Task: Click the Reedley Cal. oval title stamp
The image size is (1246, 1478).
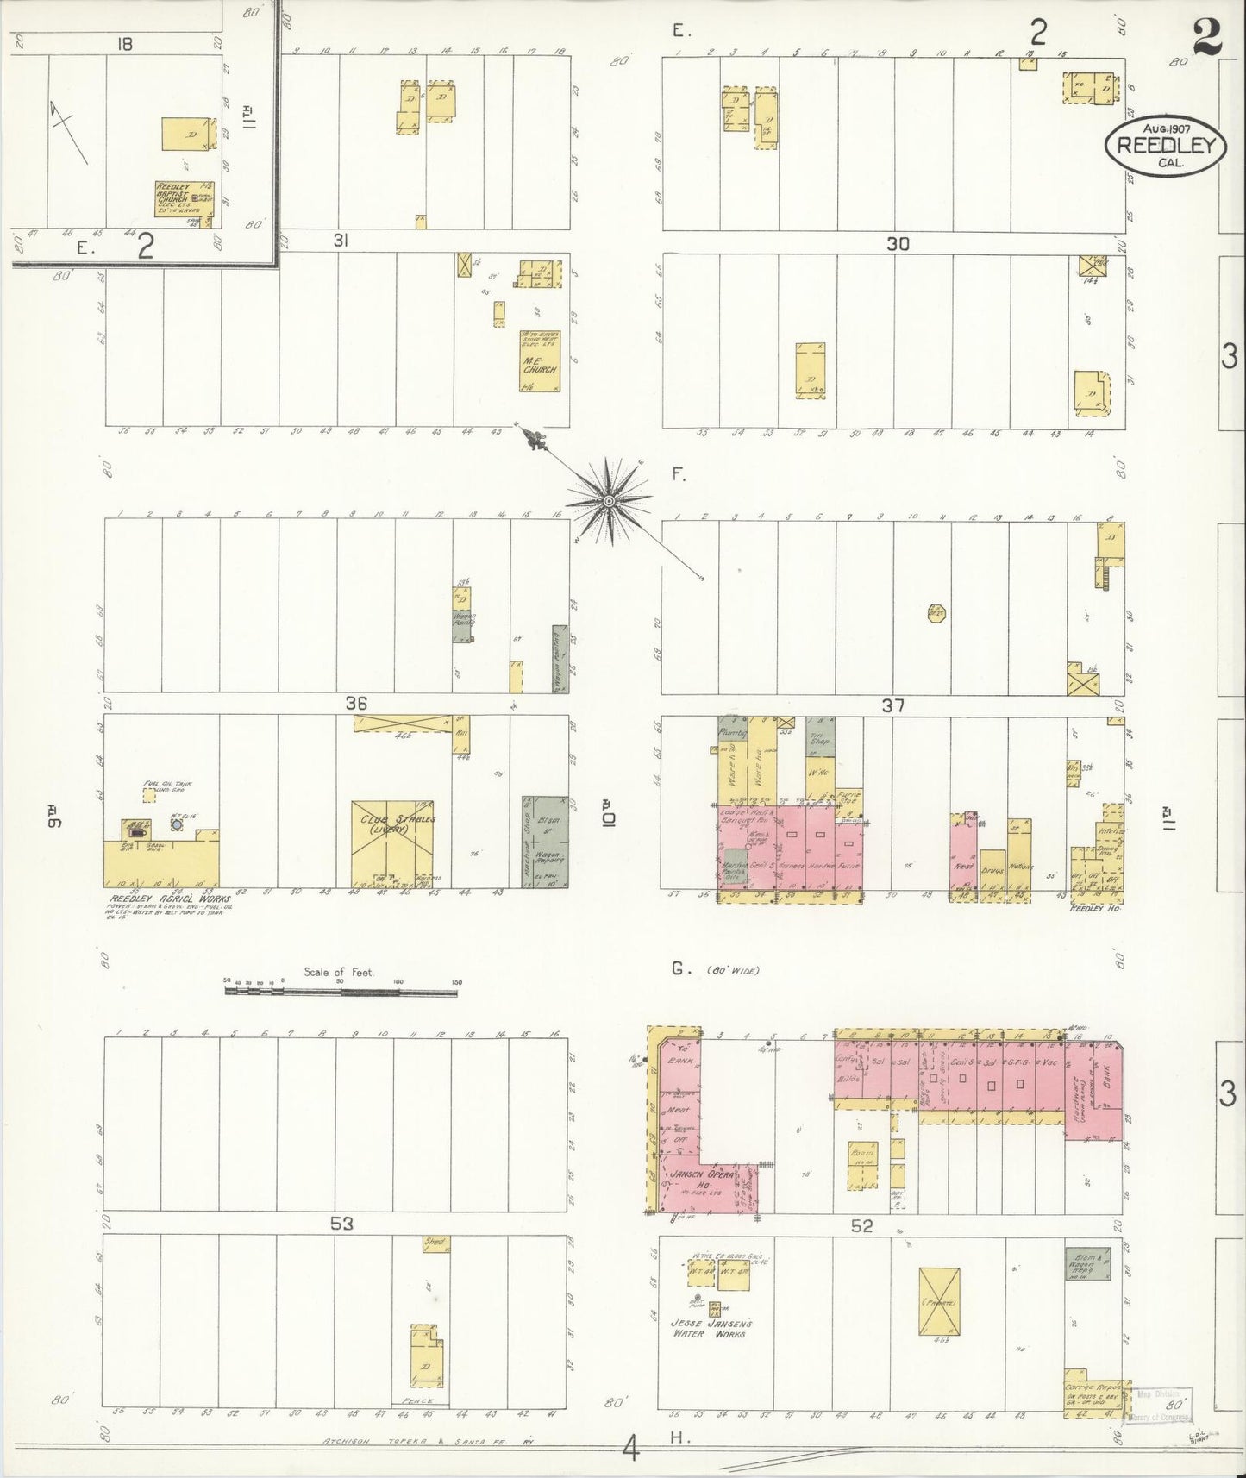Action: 1164,146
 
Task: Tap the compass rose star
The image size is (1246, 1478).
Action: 609,500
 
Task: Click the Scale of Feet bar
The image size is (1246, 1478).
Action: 341,992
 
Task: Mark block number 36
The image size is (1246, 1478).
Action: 356,704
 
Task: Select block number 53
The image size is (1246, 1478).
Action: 342,1224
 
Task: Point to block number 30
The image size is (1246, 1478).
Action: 898,244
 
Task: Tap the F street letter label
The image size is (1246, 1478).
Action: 679,473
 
